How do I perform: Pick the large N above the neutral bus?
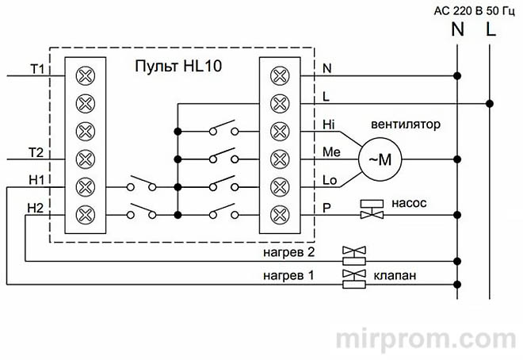457,31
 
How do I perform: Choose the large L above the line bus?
491,31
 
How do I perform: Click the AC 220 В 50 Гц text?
473,10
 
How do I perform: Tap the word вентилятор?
406,125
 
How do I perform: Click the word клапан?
395,277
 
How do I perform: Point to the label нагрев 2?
288,253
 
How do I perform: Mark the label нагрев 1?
288,277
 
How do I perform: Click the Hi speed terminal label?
330,126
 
